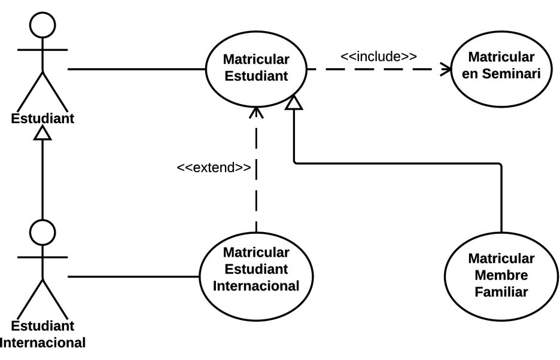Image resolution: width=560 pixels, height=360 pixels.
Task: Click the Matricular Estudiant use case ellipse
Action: [x=255, y=69]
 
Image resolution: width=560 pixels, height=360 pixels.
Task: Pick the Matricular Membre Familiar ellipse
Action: [x=501, y=276]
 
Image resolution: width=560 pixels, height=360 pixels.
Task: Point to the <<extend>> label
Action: [x=214, y=167]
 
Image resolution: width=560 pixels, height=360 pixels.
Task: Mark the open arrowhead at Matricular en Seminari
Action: [x=446, y=69]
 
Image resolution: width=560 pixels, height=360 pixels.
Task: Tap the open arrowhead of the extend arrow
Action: [x=256, y=111]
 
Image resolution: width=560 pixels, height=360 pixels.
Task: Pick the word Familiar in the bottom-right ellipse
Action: [x=501, y=292]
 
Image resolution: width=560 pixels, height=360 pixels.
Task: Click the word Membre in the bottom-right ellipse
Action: [x=501, y=276]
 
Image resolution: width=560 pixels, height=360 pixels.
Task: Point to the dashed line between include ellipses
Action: [x=371, y=69]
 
